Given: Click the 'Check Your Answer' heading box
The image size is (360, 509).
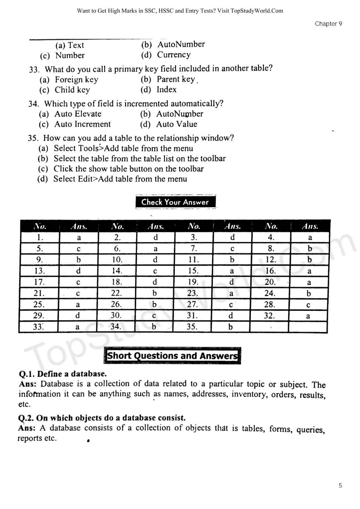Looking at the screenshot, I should [x=175, y=202].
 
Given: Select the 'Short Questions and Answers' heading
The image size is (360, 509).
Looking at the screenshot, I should [x=172, y=355].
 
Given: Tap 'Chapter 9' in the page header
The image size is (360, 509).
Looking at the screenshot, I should [x=328, y=24].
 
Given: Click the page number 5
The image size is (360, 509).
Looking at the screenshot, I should [x=340, y=485].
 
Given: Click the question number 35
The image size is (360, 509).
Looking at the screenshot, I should [x=33, y=138].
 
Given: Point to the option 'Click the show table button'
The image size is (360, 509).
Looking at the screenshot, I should [x=128, y=169].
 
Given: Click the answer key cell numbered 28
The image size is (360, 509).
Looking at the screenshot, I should [x=269, y=304].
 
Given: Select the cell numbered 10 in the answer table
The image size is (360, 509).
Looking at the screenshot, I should [x=117, y=260].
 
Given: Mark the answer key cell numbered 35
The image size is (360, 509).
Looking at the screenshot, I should [x=192, y=327].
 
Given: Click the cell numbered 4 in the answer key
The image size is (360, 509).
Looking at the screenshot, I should [x=271, y=237].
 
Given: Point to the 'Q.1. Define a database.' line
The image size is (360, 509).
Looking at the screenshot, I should [x=63, y=374].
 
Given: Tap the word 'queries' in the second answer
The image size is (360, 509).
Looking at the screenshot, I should [x=310, y=430].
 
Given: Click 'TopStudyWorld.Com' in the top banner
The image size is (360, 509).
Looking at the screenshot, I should [x=257, y=11].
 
